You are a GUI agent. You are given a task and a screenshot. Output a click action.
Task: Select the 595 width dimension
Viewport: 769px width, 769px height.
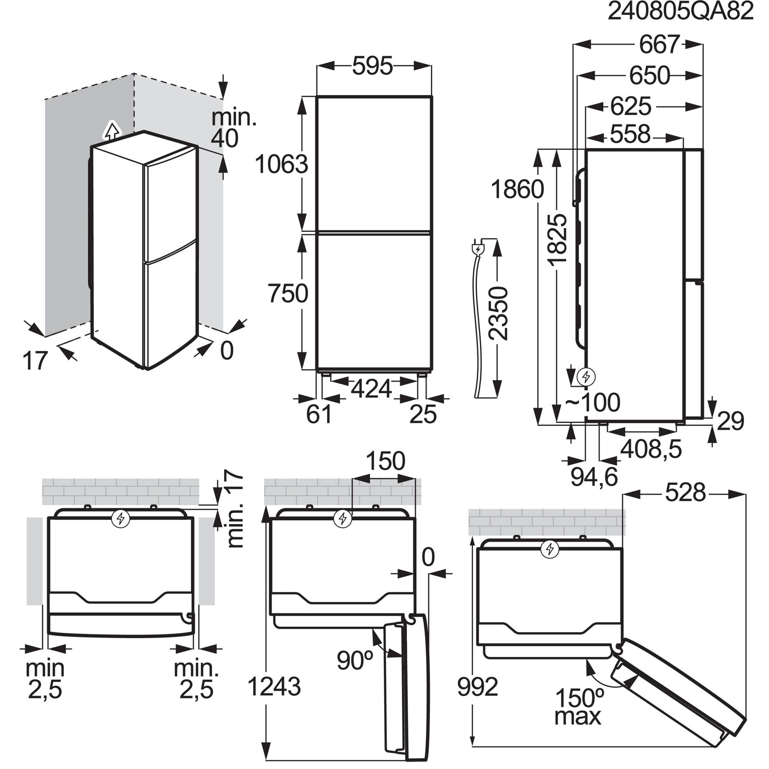[x=373, y=66]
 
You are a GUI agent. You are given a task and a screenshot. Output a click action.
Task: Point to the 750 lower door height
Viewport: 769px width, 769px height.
[x=287, y=293]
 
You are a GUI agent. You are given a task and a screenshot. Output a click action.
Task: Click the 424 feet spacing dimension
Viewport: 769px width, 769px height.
[x=372, y=389]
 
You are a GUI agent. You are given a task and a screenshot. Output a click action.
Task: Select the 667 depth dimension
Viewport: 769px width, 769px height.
[x=659, y=45]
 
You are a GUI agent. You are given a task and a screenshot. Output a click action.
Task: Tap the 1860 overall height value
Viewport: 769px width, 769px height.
[x=517, y=189]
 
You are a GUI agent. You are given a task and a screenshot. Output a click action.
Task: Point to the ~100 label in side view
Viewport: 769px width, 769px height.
[x=593, y=403]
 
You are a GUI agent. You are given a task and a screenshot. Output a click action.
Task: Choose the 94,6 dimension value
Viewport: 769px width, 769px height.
[x=594, y=476]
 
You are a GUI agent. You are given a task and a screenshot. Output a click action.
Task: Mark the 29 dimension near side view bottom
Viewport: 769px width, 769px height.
[x=730, y=421]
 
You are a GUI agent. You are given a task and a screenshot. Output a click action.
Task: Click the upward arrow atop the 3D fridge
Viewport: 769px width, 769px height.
[x=113, y=130]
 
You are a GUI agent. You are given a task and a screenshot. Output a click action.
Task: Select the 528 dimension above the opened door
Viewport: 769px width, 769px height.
[x=686, y=493]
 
